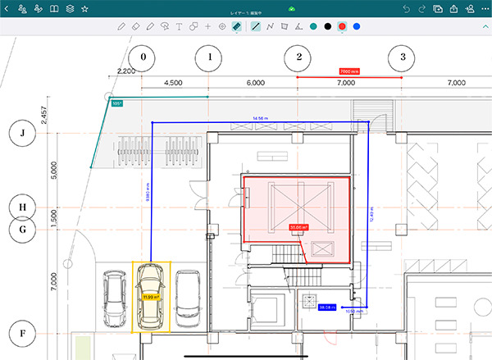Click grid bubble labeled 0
[143, 57]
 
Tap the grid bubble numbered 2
[298, 57]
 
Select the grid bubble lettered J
[23, 133]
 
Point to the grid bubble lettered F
[23, 335]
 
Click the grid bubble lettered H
[23, 207]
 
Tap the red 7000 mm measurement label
[345, 71]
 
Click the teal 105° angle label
[116, 103]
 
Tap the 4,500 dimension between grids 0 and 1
[174, 83]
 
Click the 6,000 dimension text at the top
[255, 83]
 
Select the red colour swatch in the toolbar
[342, 27]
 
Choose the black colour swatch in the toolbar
[328, 27]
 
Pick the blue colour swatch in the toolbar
[356, 27]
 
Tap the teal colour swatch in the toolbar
[313, 27]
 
